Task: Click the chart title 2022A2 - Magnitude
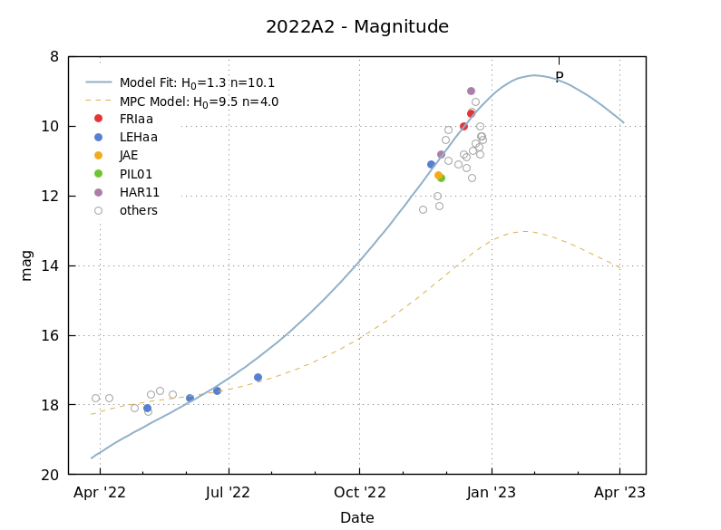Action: pyautogui.click(x=356, y=27)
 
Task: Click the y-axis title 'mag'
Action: pyautogui.click(x=26, y=265)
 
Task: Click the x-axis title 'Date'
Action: pyautogui.click(x=356, y=518)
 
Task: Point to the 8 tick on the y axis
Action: pyautogui.click(x=54, y=56)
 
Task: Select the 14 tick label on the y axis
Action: pyautogui.click(x=51, y=265)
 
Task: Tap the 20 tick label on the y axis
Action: pyautogui.click(x=51, y=475)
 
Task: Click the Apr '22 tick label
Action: pyautogui.click(x=100, y=493)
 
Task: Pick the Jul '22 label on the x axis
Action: pyautogui.click(x=229, y=493)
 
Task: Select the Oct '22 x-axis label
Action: pyautogui.click(x=359, y=493)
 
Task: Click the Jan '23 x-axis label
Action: pyautogui.click(x=492, y=493)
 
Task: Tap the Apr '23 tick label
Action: pyautogui.click(x=620, y=493)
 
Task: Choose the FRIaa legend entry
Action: pyautogui.click(x=136, y=119)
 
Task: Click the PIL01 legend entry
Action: pyautogui.click(x=135, y=174)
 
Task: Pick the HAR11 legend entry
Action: pyautogui.click(x=139, y=192)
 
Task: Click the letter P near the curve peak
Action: pyautogui.click(x=559, y=77)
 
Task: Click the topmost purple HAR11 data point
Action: pyautogui.click(x=471, y=91)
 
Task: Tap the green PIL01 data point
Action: pyautogui.click(x=442, y=178)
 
